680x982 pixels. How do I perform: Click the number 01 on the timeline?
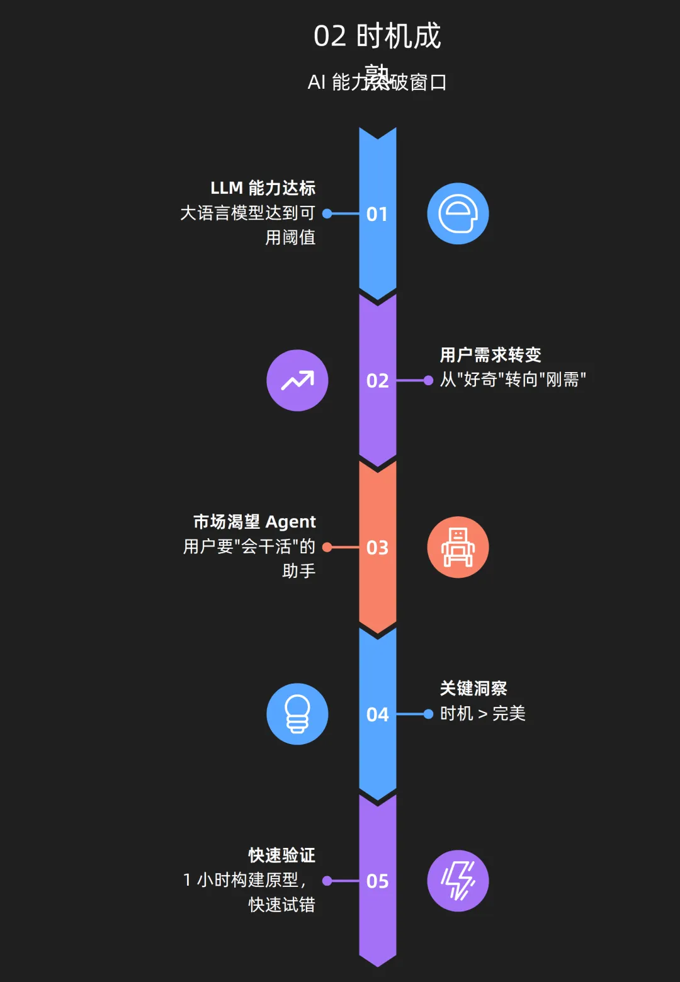click(377, 214)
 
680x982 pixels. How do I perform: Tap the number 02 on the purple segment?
click(377, 381)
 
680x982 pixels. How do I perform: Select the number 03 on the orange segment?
click(377, 548)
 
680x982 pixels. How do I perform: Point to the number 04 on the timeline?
click(377, 714)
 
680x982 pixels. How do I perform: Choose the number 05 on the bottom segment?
click(377, 881)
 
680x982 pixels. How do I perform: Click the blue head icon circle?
click(458, 214)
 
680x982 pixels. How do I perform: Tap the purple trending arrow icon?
click(297, 381)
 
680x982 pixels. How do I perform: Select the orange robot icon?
click(458, 548)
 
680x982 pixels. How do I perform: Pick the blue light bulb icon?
click(297, 714)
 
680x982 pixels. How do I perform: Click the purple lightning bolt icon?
click(458, 881)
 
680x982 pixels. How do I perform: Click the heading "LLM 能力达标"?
click(263, 188)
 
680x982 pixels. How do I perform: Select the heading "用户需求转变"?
click(490, 355)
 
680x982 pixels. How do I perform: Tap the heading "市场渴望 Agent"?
click(254, 522)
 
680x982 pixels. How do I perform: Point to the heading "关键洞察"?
click(473, 689)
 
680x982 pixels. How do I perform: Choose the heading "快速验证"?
click(281, 855)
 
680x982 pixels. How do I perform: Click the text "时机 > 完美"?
click(482, 714)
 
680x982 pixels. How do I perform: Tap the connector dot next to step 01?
click(327, 214)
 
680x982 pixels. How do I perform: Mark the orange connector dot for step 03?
click(327, 548)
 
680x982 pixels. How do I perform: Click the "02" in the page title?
click(330, 37)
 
